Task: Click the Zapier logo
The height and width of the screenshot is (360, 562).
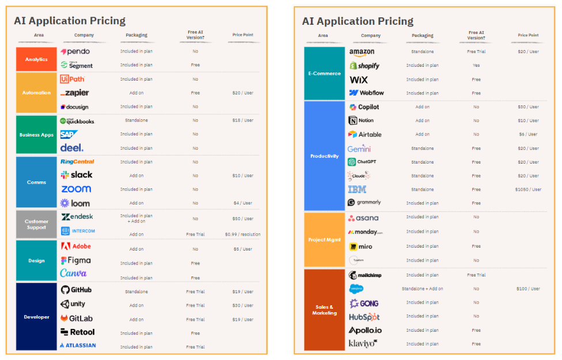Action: (x=75, y=93)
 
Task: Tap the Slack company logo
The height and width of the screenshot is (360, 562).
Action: (x=77, y=175)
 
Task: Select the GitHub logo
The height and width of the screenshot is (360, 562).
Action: (x=76, y=290)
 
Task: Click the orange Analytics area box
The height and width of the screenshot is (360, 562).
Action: (x=36, y=59)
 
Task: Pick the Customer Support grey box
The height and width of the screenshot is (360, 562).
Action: (x=36, y=224)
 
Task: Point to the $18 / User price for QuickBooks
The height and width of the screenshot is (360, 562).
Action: (x=242, y=120)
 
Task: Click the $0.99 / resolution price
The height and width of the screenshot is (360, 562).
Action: (x=242, y=234)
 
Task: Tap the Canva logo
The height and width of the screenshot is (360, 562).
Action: (x=73, y=273)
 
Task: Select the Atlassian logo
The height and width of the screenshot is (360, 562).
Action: (x=78, y=346)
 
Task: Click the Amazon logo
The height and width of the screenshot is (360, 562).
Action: (x=362, y=52)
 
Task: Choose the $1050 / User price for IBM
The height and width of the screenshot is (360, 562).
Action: (x=528, y=190)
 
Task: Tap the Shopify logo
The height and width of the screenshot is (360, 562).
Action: (x=364, y=66)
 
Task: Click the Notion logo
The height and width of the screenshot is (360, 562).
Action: (x=361, y=120)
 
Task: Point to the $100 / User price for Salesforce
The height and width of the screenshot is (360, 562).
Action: (x=528, y=289)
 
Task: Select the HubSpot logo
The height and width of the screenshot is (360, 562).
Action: (x=364, y=317)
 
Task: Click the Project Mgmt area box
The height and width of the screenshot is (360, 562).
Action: (x=324, y=240)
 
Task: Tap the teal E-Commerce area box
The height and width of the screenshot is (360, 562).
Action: (x=324, y=73)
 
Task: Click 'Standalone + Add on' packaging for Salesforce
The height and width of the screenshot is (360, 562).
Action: (x=422, y=289)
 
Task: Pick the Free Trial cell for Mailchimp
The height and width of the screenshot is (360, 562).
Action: (x=476, y=275)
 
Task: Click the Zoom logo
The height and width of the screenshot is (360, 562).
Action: (x=76, y=189)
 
